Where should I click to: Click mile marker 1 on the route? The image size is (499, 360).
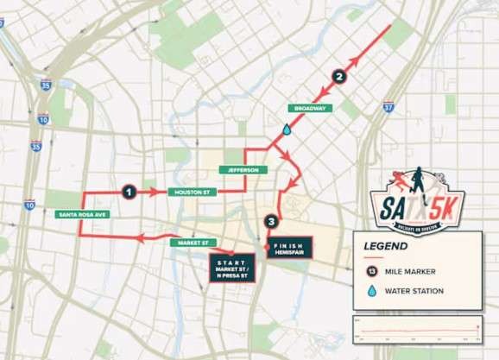129,192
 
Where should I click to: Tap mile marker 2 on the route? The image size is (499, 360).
340,77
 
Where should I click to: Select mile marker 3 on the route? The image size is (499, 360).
273,222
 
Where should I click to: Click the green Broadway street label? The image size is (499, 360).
309,109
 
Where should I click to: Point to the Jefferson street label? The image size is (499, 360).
239,170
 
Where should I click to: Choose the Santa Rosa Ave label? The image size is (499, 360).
79,213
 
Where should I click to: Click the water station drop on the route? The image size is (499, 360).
287,129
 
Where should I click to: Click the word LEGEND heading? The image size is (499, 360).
387,246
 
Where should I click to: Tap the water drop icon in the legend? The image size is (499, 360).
372,291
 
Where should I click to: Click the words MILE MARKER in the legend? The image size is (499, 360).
414,272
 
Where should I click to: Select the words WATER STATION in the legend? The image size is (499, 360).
417,291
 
